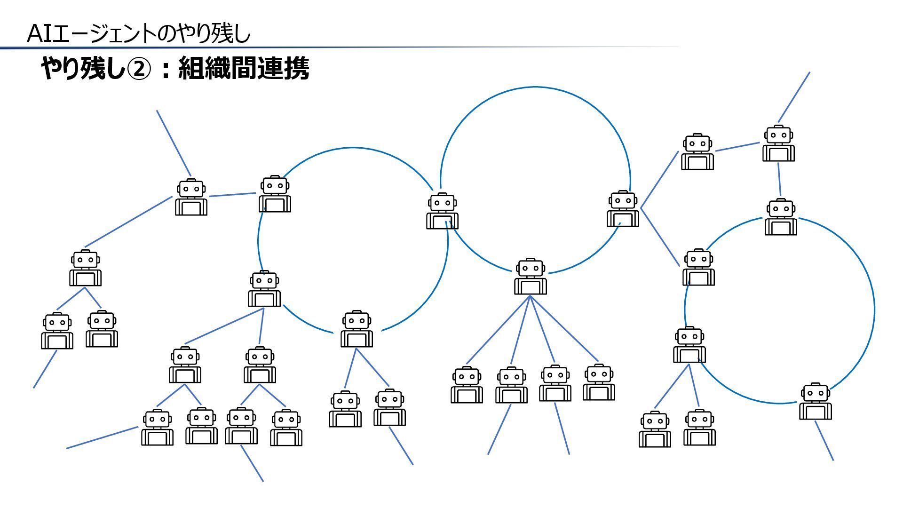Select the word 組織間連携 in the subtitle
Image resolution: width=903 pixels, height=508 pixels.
[244, 69]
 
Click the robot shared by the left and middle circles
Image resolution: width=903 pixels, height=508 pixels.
[442, 211]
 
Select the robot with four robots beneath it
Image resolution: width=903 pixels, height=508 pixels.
[530, 277]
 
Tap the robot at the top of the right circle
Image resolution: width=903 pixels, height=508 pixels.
[781, 217]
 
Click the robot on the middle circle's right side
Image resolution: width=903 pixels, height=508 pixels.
[623, 209]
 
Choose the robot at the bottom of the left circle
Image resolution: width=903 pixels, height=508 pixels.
[356, 329]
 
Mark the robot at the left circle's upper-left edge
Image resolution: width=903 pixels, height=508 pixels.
[275, 194]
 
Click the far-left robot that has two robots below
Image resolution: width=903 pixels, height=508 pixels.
[85, 268]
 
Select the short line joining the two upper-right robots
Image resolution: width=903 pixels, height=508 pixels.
[737, 147]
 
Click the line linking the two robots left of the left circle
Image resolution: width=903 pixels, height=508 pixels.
[232, 194]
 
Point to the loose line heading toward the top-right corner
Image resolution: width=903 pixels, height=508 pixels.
[794, 97]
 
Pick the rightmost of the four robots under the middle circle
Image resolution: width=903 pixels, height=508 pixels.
[599, 382]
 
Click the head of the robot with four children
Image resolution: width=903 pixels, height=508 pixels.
[530, 268]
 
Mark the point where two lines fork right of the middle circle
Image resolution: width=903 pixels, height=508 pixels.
[641, 207]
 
